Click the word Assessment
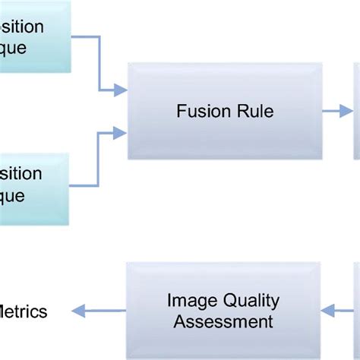coord(223,321)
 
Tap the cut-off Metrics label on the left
coord(24,311)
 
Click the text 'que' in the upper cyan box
coord(13,48)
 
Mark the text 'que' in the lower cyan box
coord(13,195)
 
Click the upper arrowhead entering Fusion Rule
coord(120,91)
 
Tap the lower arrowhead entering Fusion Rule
coord(120,133)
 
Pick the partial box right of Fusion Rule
coord(356,111)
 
